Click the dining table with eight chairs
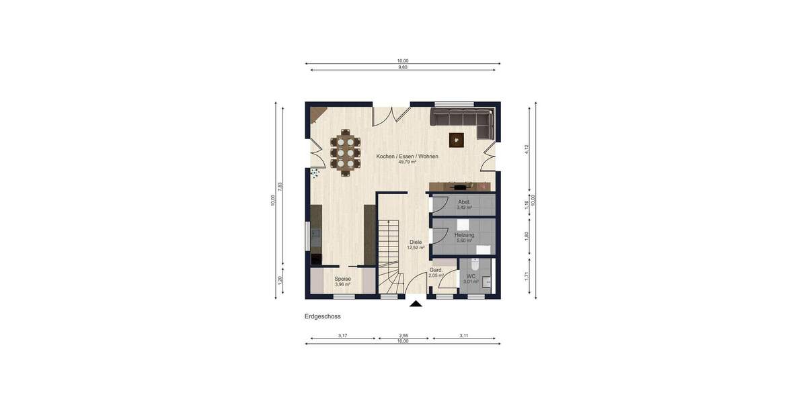[346, 153]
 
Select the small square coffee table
[457, 139]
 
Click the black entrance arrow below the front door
[416, 304]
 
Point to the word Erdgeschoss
[323, 316]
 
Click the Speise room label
[343, 279]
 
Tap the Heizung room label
[464, 235]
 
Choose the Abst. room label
[464, 201]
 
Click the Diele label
[416, 242]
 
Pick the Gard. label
[436, 270]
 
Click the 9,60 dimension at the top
[403, 67]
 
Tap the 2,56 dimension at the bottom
[403, 335]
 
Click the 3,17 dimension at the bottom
[342, 335]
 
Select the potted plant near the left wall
[314, 173]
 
